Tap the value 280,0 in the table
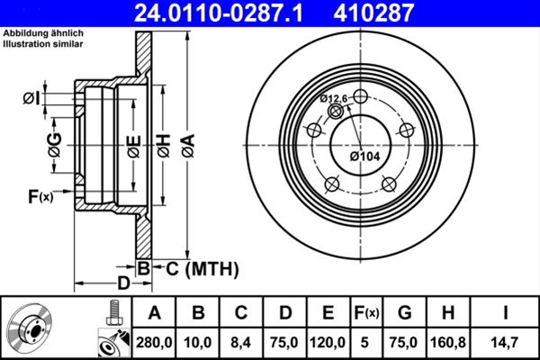pyautogui.click(x=154, y=342)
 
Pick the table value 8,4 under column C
pyautogui.click(x=241, y=342)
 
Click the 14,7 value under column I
pyautogui.click(x=508, y=342)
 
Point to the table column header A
pyautogui.click(x=154, y=314)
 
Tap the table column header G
pyautogui.click(x=405, y=314)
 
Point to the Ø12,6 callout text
pyautogui.click(x=334, y=98)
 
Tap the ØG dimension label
pyautogui.click(x=54, y=144)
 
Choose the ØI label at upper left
pyautogui.click(x=30, y=97)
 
